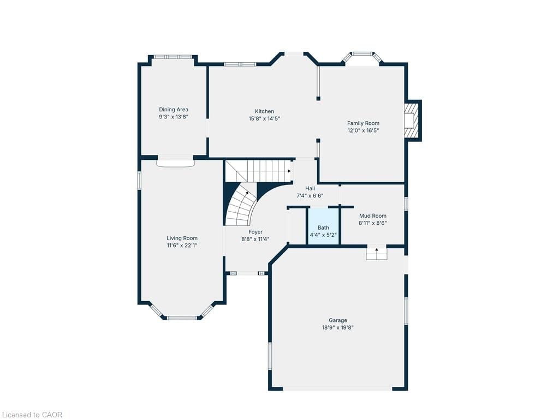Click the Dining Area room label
point(174,110)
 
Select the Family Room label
point(363,123)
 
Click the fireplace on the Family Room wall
point(411,120)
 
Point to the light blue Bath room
point(323,226)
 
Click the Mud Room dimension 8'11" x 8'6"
point(372,223)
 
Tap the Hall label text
point(310,188)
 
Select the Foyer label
point(255,232)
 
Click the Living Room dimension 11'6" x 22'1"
point(182,246)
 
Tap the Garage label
point(337,320)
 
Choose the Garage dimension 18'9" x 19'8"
point(337,327)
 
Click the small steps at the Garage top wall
point(376,253)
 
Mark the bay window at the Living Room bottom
point(182,317)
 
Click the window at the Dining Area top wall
point(173,56)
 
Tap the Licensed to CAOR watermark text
point(32,415)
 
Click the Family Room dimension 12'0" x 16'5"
point(363,130)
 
